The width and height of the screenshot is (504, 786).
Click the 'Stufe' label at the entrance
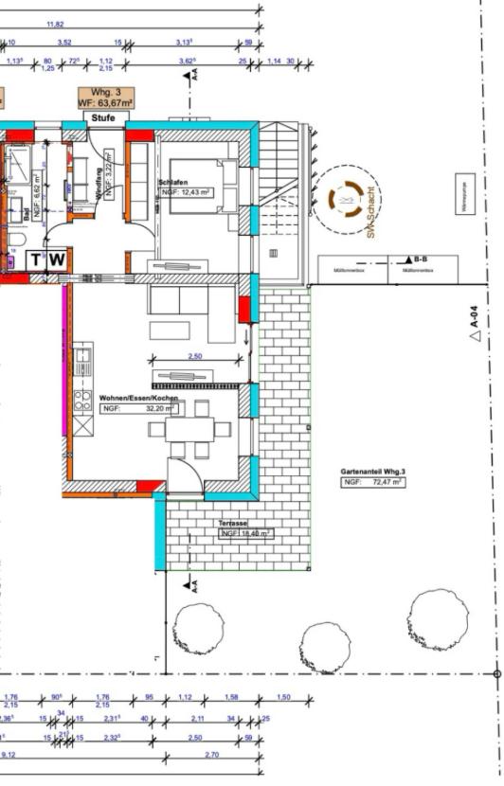coord(104,117)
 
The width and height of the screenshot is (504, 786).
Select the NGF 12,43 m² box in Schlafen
coord(186,191)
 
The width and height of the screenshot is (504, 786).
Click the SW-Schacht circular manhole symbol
coord(345,200)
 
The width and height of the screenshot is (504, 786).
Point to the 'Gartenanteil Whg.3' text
coord(373,472)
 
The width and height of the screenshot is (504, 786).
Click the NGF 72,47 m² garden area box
coord(373,482)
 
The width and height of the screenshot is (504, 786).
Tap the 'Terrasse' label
coord(233,523)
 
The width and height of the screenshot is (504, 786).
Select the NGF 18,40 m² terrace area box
coord(245,534)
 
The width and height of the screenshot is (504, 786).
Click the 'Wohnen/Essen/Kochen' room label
coord(136,399)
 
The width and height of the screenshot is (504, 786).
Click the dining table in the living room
coord(189,429)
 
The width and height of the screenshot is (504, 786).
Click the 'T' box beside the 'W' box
coord(37,259)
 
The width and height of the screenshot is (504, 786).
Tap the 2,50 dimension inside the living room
coord(194,357)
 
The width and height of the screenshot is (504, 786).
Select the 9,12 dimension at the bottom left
coord(9,754)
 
